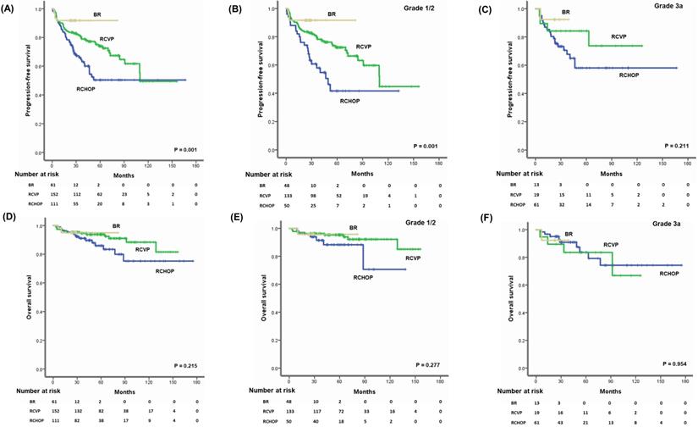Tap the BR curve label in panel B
point(332,14)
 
